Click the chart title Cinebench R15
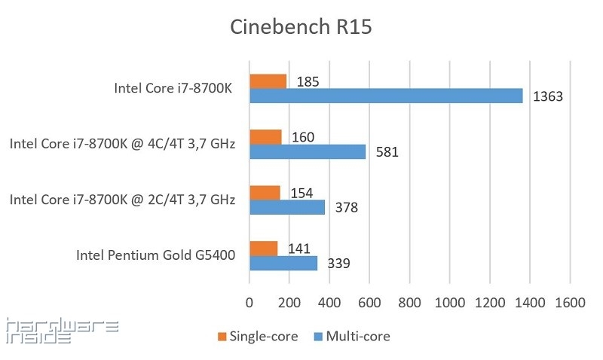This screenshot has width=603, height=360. pyautogui.click(x=301, y=28)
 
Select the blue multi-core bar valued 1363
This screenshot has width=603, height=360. pyautogui.click(x=385, y=96)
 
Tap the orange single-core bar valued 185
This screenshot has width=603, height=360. pyautogui.click(x=268, y=81)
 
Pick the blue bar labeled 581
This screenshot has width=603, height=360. pyautogui.click(x=307, y=151)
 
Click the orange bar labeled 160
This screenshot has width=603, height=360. pyautogui.click(x=265, y=137)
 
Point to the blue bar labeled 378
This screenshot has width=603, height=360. pyautogui.click(x=286, y=207)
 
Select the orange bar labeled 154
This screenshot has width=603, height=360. pyautogui.click(x=265, y=192)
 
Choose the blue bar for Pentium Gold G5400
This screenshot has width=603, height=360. pyautogui.click(x=283, y=263)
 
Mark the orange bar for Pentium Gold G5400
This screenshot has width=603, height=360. pyautogui.click(x=263, y=249)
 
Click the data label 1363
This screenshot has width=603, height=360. pyautogui.click(x=548, y=97)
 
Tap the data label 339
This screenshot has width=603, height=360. pyautogui.click(x=338, y=264)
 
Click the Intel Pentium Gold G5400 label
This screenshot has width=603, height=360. pyautogui.click(x=155, y=255)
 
